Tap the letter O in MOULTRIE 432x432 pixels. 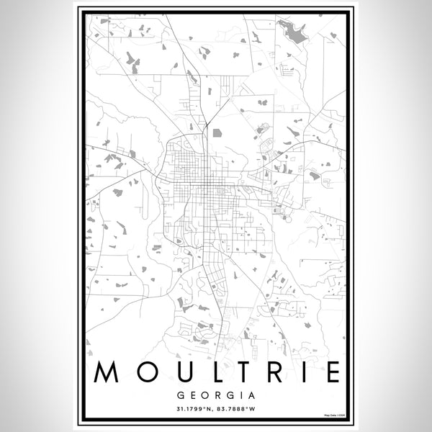(x=142, y=372)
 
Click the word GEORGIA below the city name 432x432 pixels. (x=216, y=395)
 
